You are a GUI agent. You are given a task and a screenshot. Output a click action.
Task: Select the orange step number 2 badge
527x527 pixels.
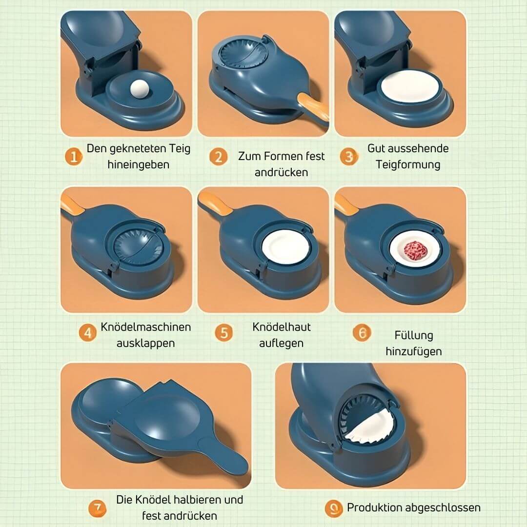(x=218, y=157)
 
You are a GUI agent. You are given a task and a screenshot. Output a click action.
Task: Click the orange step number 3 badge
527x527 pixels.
(x=348, y=157)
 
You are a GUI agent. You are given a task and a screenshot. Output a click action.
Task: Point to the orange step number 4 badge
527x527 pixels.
(x=88, y=333)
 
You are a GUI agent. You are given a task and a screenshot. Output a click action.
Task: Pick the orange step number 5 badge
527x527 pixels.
(x=224, y=333)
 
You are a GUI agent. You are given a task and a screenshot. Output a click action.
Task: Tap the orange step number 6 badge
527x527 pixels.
(x=362, y=333)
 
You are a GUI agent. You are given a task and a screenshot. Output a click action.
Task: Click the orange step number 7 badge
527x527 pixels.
(x=97, y=508)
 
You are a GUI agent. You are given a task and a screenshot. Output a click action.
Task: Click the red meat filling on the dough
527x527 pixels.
(x=415, y=250)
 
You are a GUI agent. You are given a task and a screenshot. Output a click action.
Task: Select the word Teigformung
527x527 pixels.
(x=408, y=164)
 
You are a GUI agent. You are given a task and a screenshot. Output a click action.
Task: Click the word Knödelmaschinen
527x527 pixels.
(x=146, y=326)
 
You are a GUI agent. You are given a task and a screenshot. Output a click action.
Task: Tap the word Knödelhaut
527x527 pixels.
(x=282, y=326)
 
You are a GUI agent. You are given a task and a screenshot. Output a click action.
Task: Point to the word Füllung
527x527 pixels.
(x=414, y=335)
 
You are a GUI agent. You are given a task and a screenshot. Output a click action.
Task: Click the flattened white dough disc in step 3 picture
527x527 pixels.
(x=410, y=86)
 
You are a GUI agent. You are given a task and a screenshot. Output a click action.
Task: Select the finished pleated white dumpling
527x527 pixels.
(x=367, y=427)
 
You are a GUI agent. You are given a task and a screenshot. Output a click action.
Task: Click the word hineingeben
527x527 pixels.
(x=139, y=164)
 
